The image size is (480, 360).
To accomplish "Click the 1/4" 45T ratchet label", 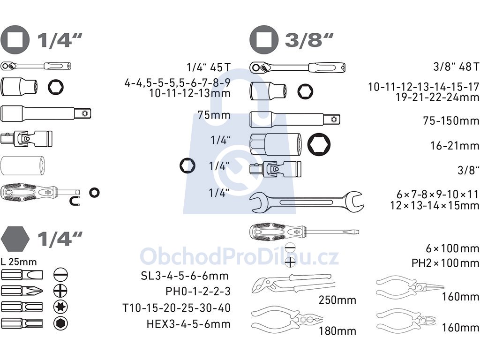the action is coord(209,67).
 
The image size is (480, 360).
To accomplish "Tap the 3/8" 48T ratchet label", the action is coord(456,67).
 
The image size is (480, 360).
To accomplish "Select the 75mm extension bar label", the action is coord(214,115).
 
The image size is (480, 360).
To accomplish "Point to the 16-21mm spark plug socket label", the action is coord(455,146).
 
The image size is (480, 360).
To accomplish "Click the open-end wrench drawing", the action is coord(307,202).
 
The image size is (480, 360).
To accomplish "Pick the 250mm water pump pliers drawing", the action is coord(293,284).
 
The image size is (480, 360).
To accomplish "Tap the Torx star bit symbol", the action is coord(60,307).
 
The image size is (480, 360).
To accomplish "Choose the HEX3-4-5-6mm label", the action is coord(188,324).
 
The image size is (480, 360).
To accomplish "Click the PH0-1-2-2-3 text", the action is coord(198,291).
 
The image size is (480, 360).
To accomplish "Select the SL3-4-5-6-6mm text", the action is coord(185,276).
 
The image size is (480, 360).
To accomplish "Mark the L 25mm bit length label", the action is coord(19,262).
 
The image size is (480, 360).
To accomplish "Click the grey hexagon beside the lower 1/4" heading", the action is coord(15,239).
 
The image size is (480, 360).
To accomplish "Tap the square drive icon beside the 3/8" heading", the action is coord(264,40).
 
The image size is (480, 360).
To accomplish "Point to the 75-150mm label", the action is coord(451,120).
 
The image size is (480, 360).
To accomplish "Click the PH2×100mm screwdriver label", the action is coord(445,263).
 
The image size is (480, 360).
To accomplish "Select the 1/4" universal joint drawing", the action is coord(27,139).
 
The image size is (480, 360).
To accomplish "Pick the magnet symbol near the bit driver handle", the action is coord(75,201).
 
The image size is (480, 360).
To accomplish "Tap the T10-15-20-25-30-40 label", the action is coord(176,307).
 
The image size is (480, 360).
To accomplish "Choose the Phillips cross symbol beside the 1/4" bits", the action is coord(60,290).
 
